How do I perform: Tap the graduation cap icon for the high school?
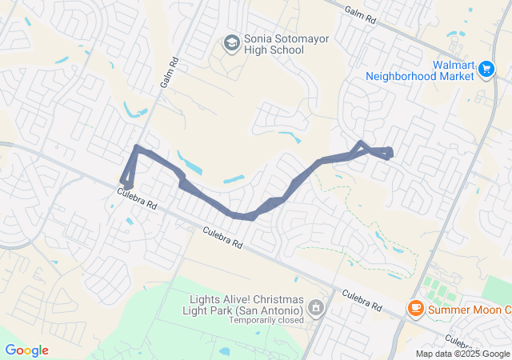point(232,42)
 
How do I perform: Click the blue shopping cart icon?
point(486,70)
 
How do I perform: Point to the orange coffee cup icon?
point(415,308)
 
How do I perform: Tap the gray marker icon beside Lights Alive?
point(317,307)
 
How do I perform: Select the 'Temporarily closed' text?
point(266,320)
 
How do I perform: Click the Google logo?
point(26,350)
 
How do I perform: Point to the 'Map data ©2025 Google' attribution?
point(462,354)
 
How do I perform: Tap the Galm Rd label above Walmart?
point(360,12)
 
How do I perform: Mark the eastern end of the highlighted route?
point(390,152)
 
